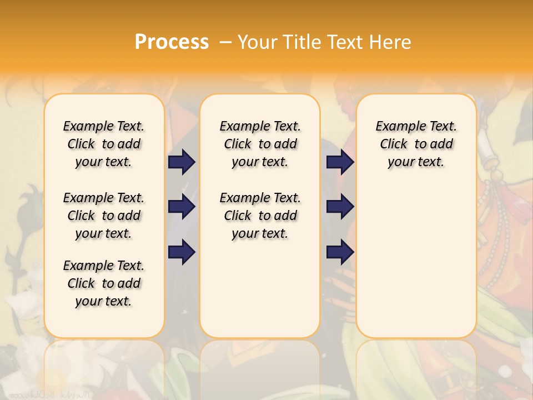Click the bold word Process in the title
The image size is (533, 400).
click(x=172, y=42)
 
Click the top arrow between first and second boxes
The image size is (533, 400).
click(x=182, y=162)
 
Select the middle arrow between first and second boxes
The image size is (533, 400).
click(x=182, y=207)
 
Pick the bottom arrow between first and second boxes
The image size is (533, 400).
click(x=182, y=252)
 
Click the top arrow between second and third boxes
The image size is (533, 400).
click(x=340, y=162)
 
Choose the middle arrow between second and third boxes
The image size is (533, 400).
click(x=340, y=207)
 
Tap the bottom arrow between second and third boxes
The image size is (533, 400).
click(x=340, y=252)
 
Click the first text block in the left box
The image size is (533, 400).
click(x=104, y=144)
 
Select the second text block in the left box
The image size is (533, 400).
click(x=104, y=216)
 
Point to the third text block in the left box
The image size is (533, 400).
click(x=104, y=283)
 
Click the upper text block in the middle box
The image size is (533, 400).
click(x=260, y=144)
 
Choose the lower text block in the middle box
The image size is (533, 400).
click(x=260, y=216)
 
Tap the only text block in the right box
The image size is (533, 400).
click(x=416, y=144)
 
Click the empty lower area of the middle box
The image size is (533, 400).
click(x=260, y=289)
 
